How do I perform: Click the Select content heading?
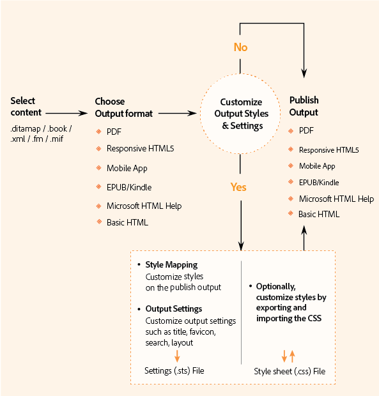[x=24, y=107]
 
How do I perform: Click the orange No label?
[x=240, y=47]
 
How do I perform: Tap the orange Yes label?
[x=238, y=187]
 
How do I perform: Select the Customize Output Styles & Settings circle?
[x=241, y=114]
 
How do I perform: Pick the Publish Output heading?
[x=304, y=106]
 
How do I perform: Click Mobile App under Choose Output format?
[x=127, y=168]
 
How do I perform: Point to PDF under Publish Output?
[x=306, y=130]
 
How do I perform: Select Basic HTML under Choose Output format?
[x=127, y=222]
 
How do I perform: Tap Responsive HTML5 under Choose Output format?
[x=140, y=149]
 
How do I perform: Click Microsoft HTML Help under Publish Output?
[x=336, y=199]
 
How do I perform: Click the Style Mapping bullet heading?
[x=171, y=264]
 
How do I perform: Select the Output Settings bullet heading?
[x=174, y=309]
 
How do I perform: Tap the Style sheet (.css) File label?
[x=290, y=370]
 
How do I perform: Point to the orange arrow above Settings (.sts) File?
[x=177, y=356]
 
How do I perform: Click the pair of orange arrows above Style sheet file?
[x=288, y=356]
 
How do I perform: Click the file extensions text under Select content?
[x=41, y=132]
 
